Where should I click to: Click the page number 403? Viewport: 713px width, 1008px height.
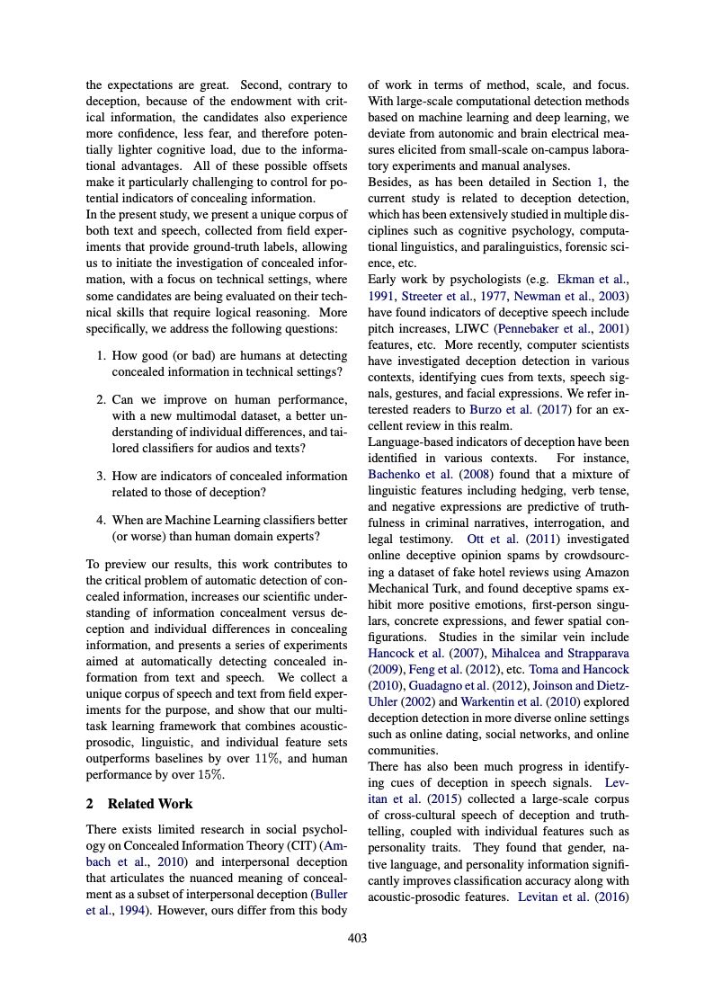coord(357,939)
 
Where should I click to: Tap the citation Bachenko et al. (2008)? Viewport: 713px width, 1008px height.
coord(423,474)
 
